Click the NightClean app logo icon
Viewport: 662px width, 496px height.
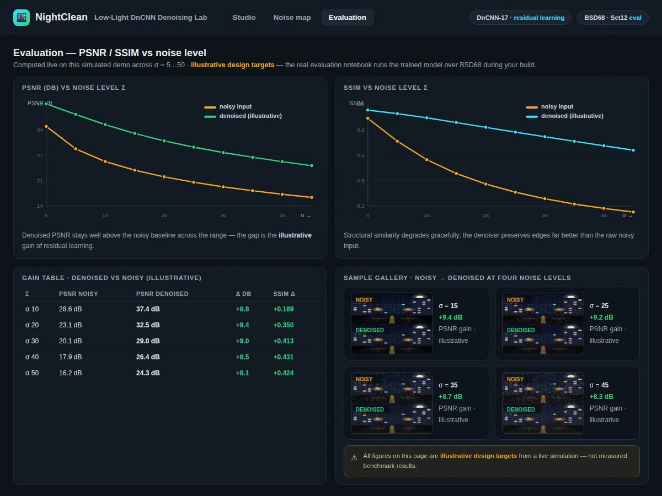coord(22,18)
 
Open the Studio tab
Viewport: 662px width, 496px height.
coord(244,18)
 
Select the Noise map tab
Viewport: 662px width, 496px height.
coord(292,18)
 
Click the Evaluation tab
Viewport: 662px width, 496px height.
coord(347,18)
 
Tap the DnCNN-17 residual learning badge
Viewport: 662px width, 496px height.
coord(520,18)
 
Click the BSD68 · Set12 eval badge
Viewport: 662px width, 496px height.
coord(612,18)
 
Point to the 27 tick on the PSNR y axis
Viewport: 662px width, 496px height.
coord(40,155)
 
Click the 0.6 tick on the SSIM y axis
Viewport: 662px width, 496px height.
coord(360,155)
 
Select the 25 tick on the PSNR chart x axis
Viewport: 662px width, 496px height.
coord(164,215)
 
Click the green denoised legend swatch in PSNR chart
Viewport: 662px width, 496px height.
coord(210,116)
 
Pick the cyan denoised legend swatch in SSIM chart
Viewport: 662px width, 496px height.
coord(532,116)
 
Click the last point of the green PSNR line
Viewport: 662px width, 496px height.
coord(312,166)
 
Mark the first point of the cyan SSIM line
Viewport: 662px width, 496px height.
coord(367,110)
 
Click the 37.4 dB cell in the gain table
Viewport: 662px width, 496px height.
coord(148,309)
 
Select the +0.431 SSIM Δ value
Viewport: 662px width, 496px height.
coord(283,357)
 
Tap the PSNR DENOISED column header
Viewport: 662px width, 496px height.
coord(162,294)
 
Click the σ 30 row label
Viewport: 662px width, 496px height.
coord(32,341)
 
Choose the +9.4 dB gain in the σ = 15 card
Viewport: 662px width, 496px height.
coord(450,317)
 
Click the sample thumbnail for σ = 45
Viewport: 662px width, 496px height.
coord(543,403)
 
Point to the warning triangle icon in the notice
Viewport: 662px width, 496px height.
coord(354,458)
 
